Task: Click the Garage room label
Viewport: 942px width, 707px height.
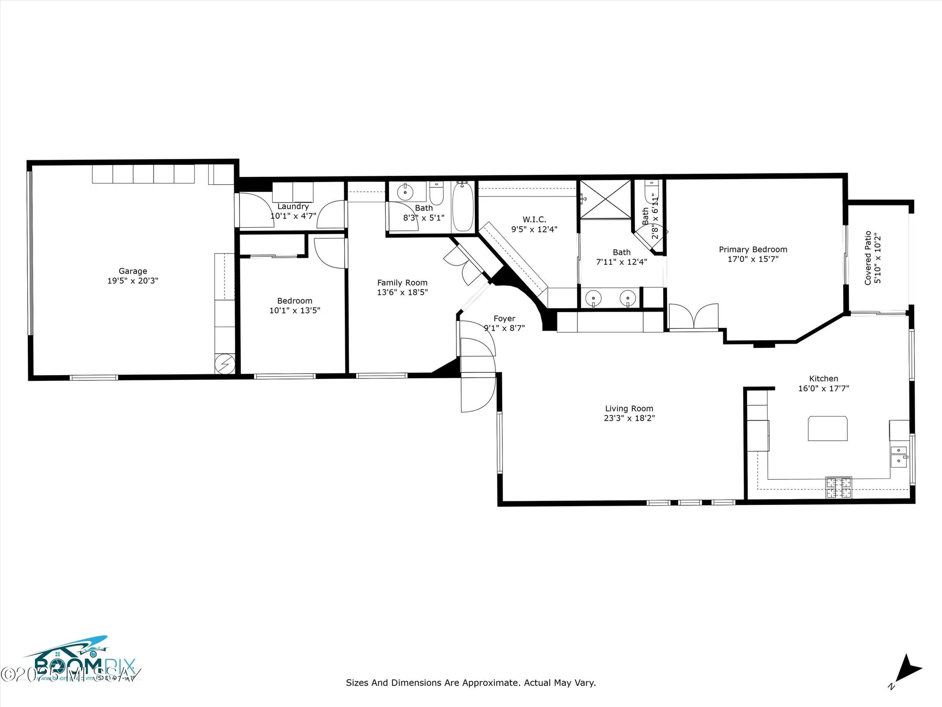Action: (133, 271)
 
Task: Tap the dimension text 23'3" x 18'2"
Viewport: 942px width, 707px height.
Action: (629, 418)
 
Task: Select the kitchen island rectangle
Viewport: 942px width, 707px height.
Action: (828, 428)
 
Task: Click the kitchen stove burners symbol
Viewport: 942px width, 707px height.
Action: (838, 488)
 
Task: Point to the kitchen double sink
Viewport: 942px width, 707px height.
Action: (899, 455)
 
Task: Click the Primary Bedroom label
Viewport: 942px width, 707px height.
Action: (753, 249)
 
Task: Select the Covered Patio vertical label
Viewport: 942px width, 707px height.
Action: (868, 258)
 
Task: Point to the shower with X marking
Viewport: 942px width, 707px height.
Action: (605, 199)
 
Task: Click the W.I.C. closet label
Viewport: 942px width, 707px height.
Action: (534, 220)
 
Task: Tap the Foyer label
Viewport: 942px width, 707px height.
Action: (504, 319)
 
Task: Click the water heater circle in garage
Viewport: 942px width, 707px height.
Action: (225, 363)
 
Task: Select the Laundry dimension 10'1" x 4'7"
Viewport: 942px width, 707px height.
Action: (293, 216)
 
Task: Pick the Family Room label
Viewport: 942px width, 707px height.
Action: (402, 283)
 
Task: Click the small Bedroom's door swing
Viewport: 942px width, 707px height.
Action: (329, 253)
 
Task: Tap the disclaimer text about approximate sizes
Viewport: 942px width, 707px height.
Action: (471, 682)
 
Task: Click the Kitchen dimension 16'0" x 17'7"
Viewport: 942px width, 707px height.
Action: (823, 388)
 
